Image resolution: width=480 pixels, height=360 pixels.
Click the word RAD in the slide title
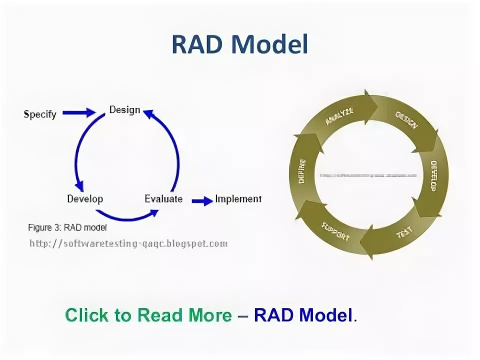click(198, 45)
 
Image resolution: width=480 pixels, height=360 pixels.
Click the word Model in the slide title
click(270, 45)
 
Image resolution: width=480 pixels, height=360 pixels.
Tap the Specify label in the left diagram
click(40, 114)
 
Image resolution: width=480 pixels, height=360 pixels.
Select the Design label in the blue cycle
click(124, 109)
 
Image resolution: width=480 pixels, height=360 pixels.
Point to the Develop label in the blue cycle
click(85, 198)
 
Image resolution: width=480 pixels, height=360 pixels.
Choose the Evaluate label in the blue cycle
click(163, 198)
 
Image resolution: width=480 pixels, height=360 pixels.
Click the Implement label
click(238, 198)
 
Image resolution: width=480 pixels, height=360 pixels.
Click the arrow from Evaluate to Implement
click(202, 200)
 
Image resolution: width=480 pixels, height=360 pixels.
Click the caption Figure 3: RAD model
click(67, 227)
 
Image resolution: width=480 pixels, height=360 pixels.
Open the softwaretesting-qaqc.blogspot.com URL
click(128, 243)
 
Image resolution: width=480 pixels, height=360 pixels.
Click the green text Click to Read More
click(148, 315)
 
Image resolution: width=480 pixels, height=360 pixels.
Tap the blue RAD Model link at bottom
click(303, 315)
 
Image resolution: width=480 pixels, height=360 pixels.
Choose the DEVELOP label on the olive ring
click(433, 176)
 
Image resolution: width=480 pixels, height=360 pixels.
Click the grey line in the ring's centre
click(368, 175)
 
